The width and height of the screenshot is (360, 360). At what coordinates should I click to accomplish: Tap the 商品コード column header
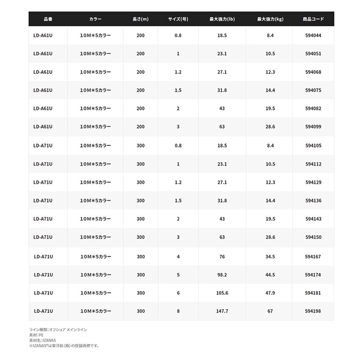point(313,19)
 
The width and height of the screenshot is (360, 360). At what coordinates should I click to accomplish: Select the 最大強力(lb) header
point(222,19)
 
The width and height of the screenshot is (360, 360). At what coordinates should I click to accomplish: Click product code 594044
point(313,36)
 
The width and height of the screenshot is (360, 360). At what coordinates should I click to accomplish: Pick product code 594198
point(313,311)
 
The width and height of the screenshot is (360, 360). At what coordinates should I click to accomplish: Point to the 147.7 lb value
point(222,311)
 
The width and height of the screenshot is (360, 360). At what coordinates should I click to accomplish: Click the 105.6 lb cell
point(222,293)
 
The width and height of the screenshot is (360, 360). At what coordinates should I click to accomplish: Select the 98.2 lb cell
point(222,275)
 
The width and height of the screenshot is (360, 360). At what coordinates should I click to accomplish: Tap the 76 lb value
point(222,257)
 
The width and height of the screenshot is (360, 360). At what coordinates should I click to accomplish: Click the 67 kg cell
point(270,311)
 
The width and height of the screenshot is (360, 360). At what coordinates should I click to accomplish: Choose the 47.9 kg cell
point(270,293)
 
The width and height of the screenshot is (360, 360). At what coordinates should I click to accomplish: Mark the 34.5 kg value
point(270,257)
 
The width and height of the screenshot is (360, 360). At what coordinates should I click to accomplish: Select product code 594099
point(313,127)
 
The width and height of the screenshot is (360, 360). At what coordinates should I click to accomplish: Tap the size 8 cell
point(178,311)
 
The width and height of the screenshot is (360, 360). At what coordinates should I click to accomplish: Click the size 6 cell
point(178,293)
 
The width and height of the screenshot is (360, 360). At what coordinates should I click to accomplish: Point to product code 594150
point(313,237)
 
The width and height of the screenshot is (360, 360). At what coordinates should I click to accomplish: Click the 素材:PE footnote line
point(36,335)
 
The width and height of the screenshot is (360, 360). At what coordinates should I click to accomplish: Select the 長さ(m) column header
point(140,19)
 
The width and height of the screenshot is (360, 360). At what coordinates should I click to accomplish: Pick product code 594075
point(313,90)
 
